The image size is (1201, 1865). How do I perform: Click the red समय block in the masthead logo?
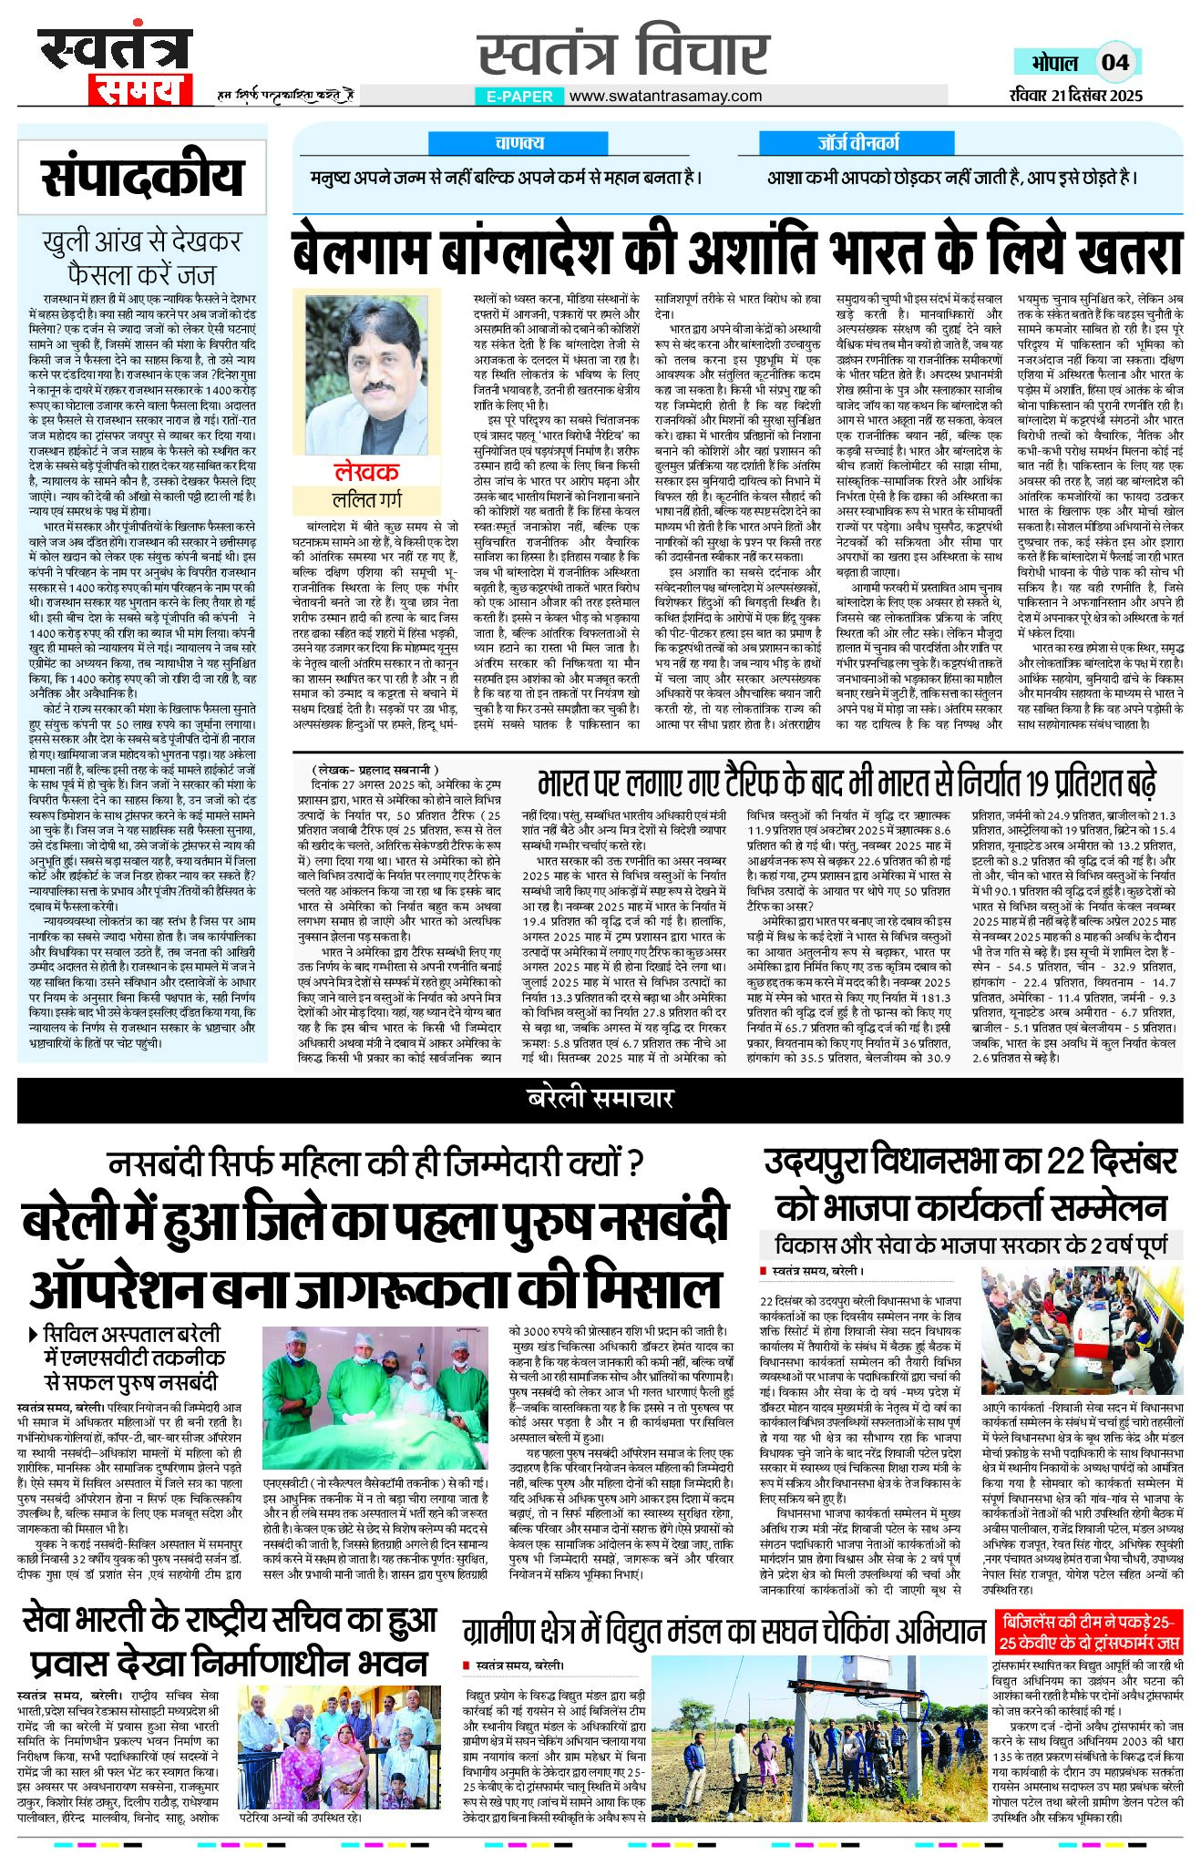tap(139, 90)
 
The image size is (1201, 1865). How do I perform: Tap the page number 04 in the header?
tap(1114, 63)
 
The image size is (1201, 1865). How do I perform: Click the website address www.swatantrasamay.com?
tap(665, 96)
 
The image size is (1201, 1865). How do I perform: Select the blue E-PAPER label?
tap(519, 96)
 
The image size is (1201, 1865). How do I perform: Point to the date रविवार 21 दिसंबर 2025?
tap(1075, 95)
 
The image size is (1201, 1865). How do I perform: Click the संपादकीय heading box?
tap(143, 177)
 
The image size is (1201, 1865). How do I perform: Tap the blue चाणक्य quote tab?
tap(519, 142)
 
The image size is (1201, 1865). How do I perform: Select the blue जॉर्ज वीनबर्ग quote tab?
tap(857, 142)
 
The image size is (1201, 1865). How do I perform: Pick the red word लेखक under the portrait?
tap(367, 471)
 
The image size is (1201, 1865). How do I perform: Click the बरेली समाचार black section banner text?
tap(600, 1099)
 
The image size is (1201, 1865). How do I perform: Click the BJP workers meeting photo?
tap(1082, 1331)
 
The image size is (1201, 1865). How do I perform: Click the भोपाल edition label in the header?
tap(1054, 63)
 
